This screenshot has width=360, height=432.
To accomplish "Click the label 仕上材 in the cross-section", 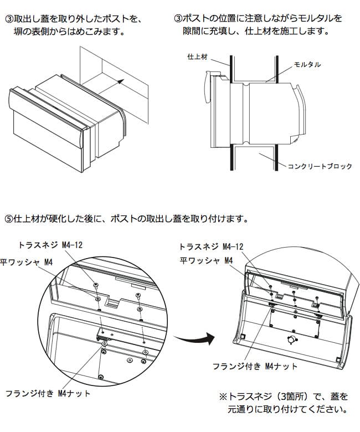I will pos(197,56).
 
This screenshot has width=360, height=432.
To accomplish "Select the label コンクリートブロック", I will pos(319,166).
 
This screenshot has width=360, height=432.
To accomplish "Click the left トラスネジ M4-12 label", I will pos(50,245).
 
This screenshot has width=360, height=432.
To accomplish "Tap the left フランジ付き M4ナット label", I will pos(47,394).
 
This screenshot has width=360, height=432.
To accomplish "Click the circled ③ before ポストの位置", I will pos(178,19).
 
